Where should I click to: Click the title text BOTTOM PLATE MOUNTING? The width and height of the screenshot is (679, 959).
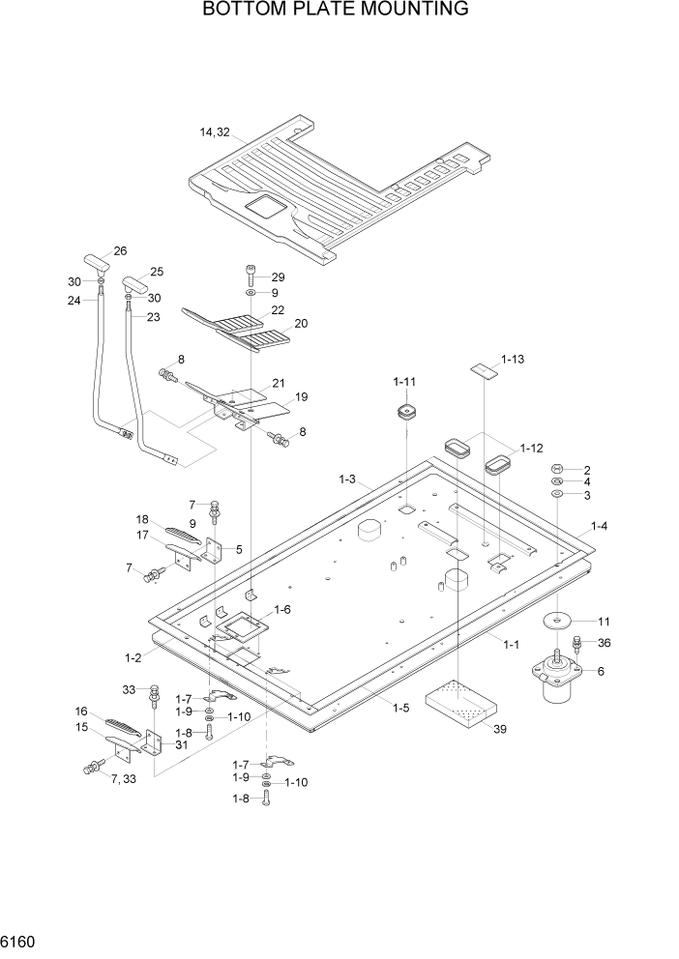[x=336, y=10]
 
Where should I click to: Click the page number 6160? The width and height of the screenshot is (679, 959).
[x=21, y=939]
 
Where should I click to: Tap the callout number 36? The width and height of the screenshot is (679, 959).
[x=604, y=643]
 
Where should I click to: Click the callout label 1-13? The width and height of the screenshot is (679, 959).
[x=513, y=359]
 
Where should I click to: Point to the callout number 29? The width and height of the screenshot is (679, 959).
[x=279, y=277]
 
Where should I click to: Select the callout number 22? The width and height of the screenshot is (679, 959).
[x=278, y=310]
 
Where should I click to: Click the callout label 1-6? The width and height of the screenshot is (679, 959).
[x=282, y=609]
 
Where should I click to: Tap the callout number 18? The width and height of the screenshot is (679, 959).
[x=144, y=519]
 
